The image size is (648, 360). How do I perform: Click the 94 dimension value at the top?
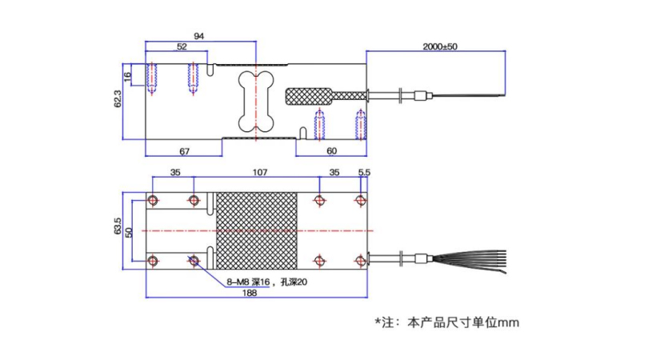(198, 36)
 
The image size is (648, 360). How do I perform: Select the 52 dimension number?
(182, 46)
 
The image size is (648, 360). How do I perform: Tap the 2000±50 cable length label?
(440, 46)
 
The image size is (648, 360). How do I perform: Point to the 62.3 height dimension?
(118, 99)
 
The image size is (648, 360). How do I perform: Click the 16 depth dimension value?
(128, 76)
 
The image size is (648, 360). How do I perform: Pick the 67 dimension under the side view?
(184, 151)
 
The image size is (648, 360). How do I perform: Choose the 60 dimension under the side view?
(331, 151)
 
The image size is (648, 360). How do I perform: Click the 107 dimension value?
(260, 172)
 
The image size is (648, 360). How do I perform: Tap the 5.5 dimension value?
(364, 172)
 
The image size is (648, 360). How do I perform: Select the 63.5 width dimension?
(118, 226)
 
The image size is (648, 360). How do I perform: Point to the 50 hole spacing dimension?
(129, 232)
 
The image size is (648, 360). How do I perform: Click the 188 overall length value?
(249, 293)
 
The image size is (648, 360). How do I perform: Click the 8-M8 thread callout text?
(266, 282)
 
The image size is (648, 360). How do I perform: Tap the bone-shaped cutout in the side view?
(256, 102)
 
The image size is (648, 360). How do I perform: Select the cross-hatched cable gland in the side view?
(326, 96)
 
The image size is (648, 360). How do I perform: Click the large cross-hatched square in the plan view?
(257, 230)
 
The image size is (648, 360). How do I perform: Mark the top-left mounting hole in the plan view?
(153, 201)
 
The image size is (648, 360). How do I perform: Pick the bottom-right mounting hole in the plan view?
(361, 261)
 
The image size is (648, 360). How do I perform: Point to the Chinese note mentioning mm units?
(446, 322)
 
